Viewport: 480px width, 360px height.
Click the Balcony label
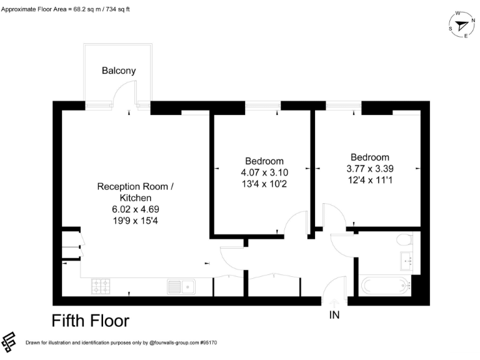pos(119,71)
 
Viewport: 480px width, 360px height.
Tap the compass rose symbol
pos(461,25)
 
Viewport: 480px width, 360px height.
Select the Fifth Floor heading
pos(90,321)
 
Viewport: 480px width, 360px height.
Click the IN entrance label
pos(334,316)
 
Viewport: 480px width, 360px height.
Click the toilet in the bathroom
pos(405,239)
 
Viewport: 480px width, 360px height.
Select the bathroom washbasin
pos(408,258)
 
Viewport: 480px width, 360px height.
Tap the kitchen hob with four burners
pos(101,287)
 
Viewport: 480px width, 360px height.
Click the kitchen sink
pos(181,287)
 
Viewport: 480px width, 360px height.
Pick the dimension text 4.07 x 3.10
pos(264,172)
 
